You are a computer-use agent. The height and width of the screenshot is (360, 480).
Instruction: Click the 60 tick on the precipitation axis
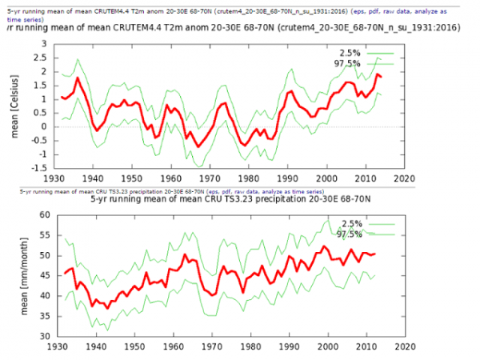coord(40,215)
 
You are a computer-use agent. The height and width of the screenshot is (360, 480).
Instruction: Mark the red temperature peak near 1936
coord(78,78)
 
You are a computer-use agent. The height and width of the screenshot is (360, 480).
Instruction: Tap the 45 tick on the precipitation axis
coord(40,276)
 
